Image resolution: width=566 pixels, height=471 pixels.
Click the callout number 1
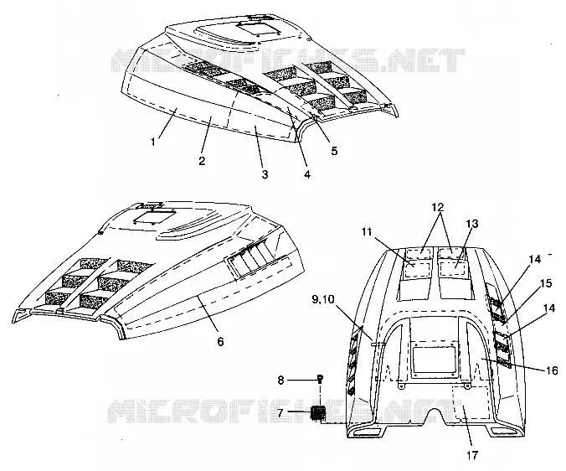point(153,142)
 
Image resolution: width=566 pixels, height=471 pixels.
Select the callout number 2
point(202,160)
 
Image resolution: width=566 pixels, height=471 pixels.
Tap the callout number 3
point(265,175)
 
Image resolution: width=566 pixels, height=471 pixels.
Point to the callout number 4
point(307,174)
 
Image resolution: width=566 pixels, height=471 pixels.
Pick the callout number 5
point(334,151)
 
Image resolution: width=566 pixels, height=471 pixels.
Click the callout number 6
point(220,341)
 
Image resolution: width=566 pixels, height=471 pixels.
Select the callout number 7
point(280,412)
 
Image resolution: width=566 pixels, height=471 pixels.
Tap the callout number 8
point(280,380)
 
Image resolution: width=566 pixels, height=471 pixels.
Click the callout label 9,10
point(323,299)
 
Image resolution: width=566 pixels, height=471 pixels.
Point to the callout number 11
point(367,231)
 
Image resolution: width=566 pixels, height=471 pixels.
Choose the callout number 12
point(437,207)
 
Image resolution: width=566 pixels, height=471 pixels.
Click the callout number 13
point(471,224)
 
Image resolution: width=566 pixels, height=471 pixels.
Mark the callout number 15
point(547,283)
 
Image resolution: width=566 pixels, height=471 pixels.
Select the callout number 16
point(553,370)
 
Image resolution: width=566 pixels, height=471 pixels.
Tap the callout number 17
point(471,455)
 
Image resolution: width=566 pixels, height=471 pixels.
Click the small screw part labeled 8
point(320,379)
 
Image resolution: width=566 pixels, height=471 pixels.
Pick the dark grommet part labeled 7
point(318,412)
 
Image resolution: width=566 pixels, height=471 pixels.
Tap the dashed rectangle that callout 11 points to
point(415,270)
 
